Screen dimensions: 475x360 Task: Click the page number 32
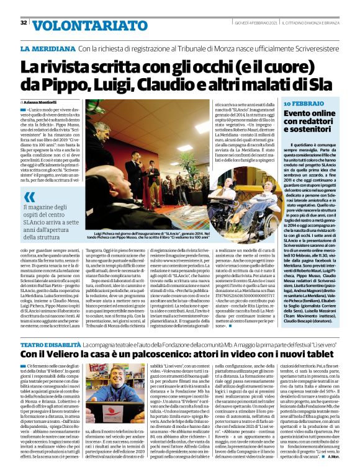(x=24, y=23)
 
